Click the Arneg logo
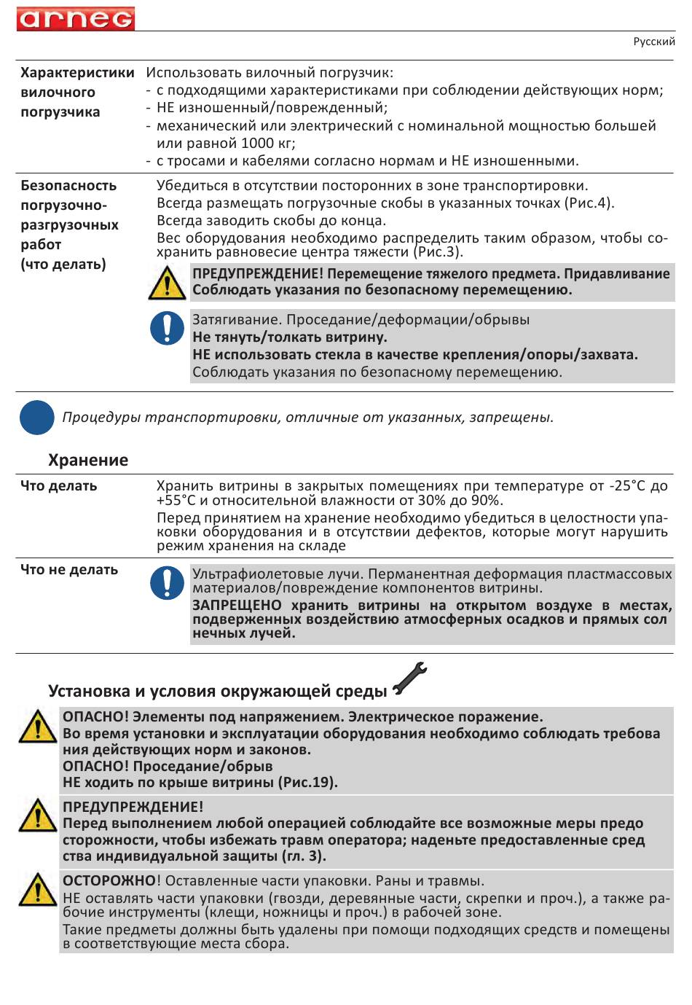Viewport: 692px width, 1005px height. [x=76, y=18]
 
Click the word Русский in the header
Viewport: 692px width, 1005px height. [x=653, y=42]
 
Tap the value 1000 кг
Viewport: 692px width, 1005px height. [x=267, y=144]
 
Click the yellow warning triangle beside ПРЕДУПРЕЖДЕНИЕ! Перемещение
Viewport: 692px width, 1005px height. [x=167, y=283]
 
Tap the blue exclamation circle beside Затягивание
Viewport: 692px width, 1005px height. [x=167, y=328]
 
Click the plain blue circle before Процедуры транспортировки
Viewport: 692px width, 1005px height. [x=36, y=418]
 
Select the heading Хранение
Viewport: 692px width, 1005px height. [x=88, y=461]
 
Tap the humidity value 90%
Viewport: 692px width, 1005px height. [x=486, y=501]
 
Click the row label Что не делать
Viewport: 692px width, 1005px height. [x=69, y=570]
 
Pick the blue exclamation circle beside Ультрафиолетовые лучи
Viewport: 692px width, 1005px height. [x=167, y=583]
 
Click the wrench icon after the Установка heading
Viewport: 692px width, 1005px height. [x=409, y=679]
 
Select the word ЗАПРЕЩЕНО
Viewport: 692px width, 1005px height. [x=237, y=606]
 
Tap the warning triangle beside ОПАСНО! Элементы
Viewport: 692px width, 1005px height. [x=37, y=727]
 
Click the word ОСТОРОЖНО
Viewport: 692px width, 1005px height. [x=109, y=880]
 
